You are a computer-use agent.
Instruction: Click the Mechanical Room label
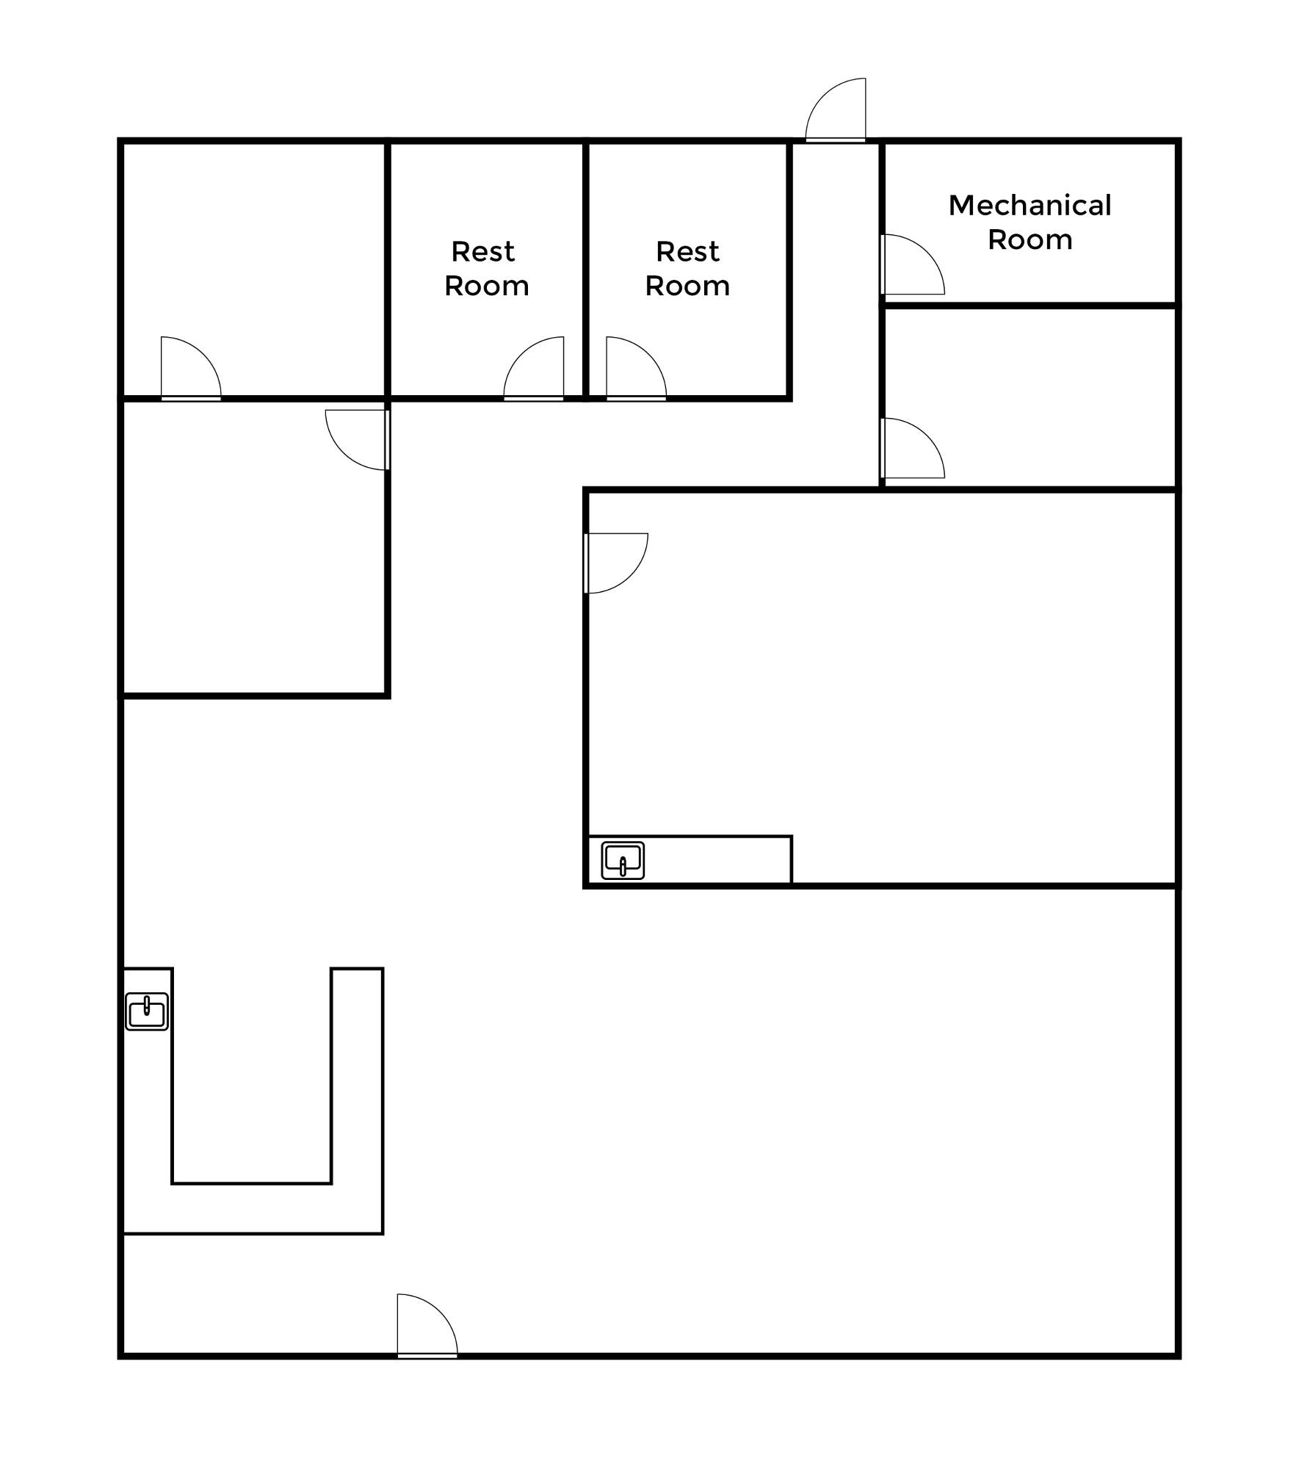(x=1030, y=222)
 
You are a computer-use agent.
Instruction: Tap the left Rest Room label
(x=486, y=269)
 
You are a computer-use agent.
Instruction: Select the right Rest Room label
(x=687, y=269)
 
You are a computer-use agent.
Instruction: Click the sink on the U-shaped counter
(x=147, y=1011)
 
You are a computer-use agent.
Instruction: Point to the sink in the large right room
(x=623, y=860)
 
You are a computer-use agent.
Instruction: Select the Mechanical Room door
(x=911, y=265)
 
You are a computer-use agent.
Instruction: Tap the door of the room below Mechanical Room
(x=911, y=449)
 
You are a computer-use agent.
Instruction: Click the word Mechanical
(x=1030, y=206)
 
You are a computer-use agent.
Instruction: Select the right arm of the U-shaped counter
(x=357, y=1087)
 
